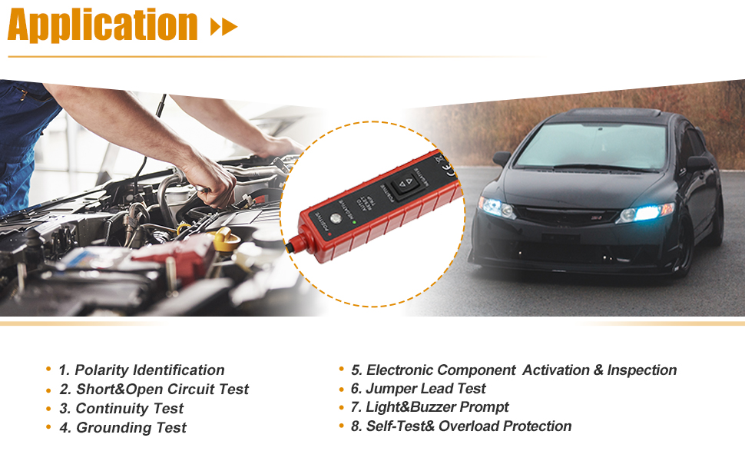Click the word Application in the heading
click(103, 25)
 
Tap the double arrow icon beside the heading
click(223, 28)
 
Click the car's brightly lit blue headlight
click(647, 212)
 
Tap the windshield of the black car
click(591, 147)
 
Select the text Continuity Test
click(130, 408)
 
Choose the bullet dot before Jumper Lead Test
click(342, 389)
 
